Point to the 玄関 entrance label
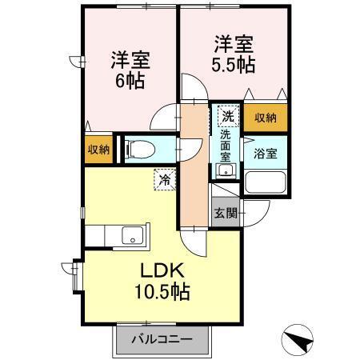224,214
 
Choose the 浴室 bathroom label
266,154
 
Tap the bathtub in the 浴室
266,182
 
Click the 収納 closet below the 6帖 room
100,150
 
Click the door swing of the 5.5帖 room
193,89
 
